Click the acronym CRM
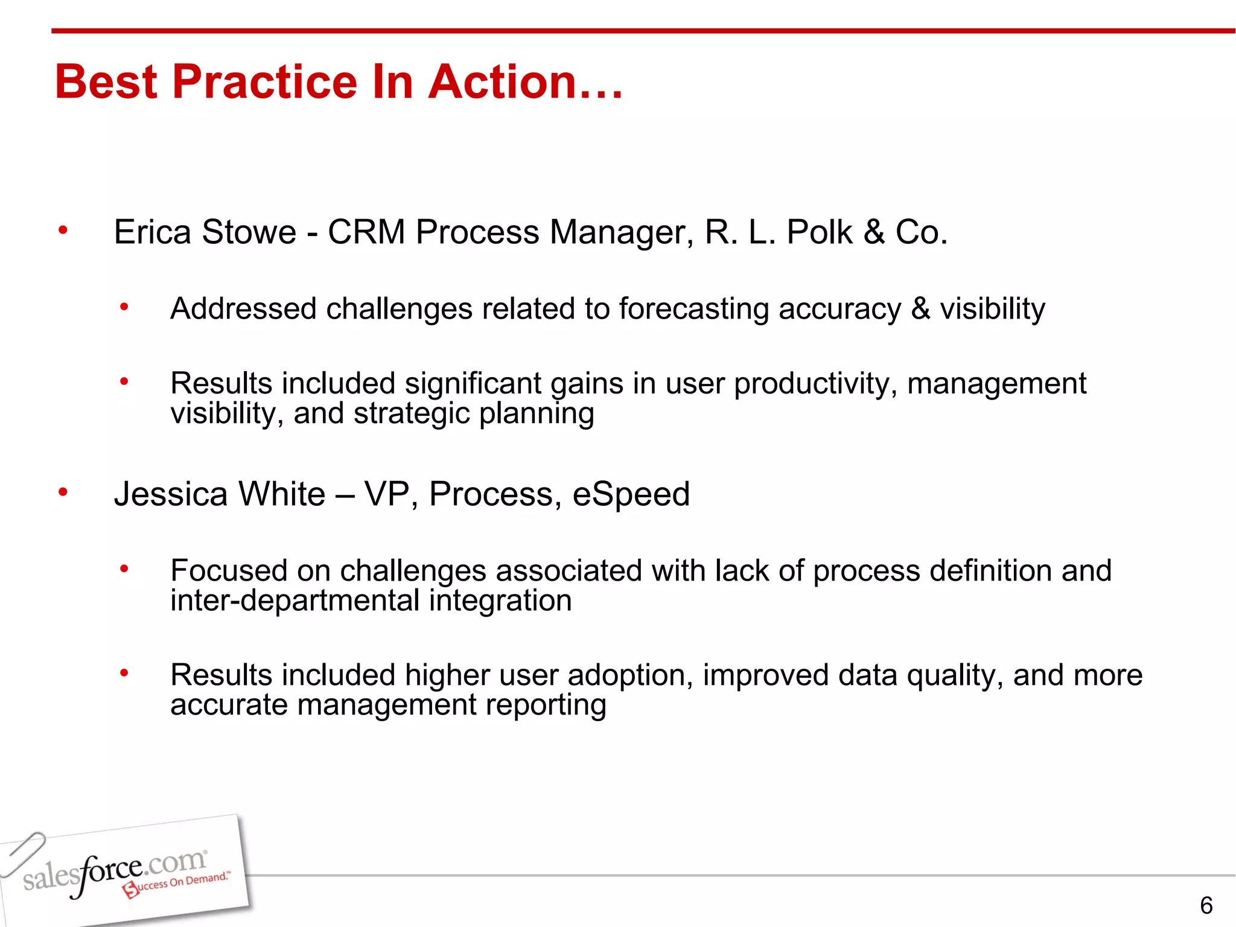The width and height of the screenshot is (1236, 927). pyautogui.click(x=366, y=232)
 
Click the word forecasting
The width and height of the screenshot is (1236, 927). pyautogui.click(x=694, y=310)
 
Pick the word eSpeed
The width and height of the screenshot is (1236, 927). pyautogui.click(x=631, y=494)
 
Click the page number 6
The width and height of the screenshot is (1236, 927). pyautogui.click(x=1206, y=905)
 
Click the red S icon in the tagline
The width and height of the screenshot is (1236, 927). pyautogui.click(x=130, y=889)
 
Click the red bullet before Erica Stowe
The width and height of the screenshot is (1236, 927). pyautogui.click(x=63, y=230)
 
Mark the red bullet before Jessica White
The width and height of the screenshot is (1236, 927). pyautogui.click(x=63, y=492)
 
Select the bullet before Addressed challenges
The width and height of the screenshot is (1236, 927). pyautogui.click(x=124, y=307)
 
